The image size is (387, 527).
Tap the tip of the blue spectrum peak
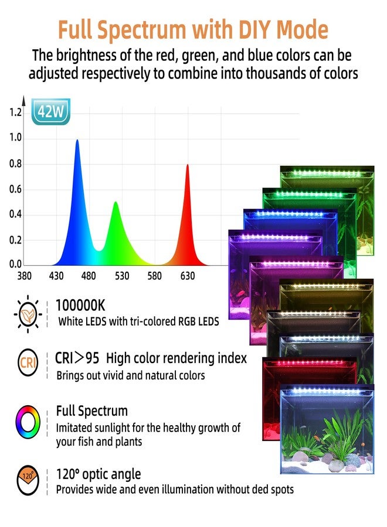click(x=77, y=141)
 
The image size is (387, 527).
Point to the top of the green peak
click(x=116, y=203)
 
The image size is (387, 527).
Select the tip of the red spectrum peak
click(x=188, y=166)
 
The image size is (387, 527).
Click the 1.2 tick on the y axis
click(x=16, y=112)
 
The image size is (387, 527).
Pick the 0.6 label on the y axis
click(x=16, y=189)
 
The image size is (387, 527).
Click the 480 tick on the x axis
click(x=89, y=276)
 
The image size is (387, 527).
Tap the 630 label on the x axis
click(x=188, y=276)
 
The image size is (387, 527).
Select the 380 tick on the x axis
click(x=24, y=276)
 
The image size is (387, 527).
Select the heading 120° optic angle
click(x=99, y=474)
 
